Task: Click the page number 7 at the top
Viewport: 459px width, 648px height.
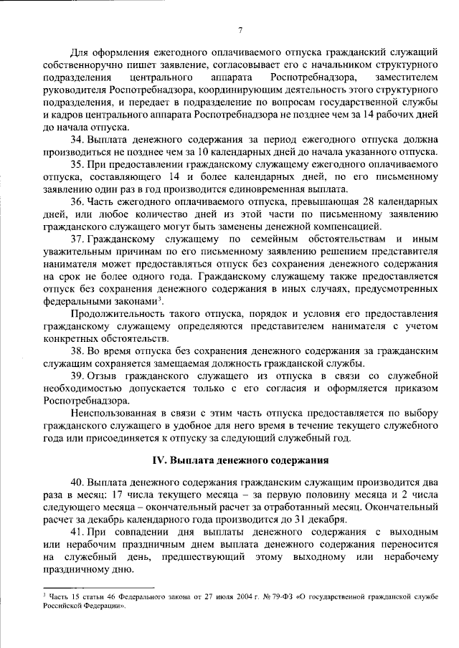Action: click(x=240, y=29)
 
